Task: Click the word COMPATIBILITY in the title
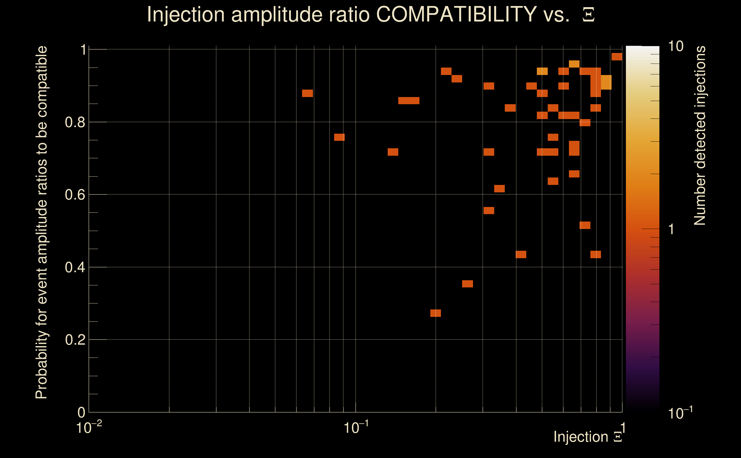tap(456, 14)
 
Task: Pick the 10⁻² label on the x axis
tap(89, 428)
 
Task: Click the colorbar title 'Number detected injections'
tap(700, 135)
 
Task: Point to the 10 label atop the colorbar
tap(675, 46)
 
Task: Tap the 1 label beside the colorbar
tap(671, 229)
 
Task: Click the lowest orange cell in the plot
tap(435, 313)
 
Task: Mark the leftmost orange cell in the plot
tap(307, 93)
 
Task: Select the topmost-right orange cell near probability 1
tap(616, 57)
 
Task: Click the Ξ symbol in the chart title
tap(588, 15)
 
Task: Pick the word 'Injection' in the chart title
tap(186, 14)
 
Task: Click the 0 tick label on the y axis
tap(81, 412)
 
